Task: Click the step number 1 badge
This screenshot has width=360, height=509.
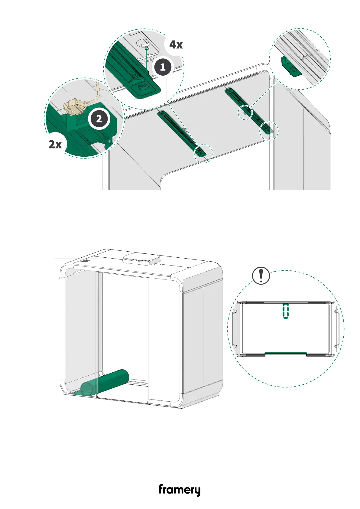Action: click(163, 67)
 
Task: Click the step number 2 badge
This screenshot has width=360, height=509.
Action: click(99, 119)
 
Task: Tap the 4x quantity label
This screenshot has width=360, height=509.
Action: click(176, 45)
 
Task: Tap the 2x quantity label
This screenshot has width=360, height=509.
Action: click(55, 144)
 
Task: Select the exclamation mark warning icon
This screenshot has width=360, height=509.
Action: click(261, 276)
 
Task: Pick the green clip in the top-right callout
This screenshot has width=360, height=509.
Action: click(289, 67)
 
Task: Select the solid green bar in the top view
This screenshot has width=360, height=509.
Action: click(286, 353)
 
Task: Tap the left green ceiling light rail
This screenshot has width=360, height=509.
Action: click(181, 133)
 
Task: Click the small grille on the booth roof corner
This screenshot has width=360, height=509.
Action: click(86, 261)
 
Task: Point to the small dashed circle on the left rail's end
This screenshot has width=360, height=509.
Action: click(203, 154)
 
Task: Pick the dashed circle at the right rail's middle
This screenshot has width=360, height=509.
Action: click(246, 112)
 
